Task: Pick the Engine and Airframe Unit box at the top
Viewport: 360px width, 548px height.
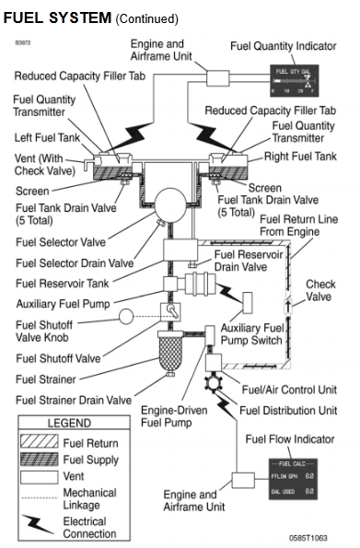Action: click(x=220, y=80)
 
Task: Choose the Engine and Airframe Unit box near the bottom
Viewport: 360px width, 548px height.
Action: click(x=245, y=480)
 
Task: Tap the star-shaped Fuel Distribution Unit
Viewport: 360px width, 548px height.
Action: click(x=217, y=380)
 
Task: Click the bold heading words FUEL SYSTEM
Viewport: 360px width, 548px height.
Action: click(x=57, y=18)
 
